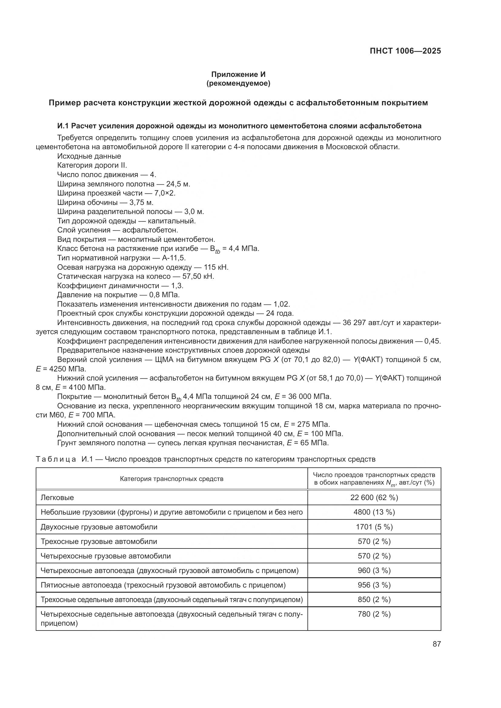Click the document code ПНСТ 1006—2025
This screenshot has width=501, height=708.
pos(405,51)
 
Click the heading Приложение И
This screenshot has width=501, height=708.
pos(238,74)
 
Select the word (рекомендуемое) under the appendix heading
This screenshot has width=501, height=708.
pos(238,83)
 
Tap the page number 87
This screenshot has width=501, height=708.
pos(436,644)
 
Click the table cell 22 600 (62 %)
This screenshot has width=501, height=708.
pos(374,497)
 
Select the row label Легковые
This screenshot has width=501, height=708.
pos(57,497)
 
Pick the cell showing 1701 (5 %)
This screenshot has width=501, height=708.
pos(374,527)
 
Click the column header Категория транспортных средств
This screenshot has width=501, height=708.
pos(171,479)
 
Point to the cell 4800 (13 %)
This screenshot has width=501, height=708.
pos(374,512)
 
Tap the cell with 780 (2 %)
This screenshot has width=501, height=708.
pos(374,614)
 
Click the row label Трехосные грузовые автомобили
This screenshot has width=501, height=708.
pos(99,542)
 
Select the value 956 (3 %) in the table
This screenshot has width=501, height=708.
pos(374,585)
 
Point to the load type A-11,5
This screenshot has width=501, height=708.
pos(174,258)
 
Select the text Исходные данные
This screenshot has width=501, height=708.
pos(89,156)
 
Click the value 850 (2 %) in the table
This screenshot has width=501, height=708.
pos(374,599)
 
